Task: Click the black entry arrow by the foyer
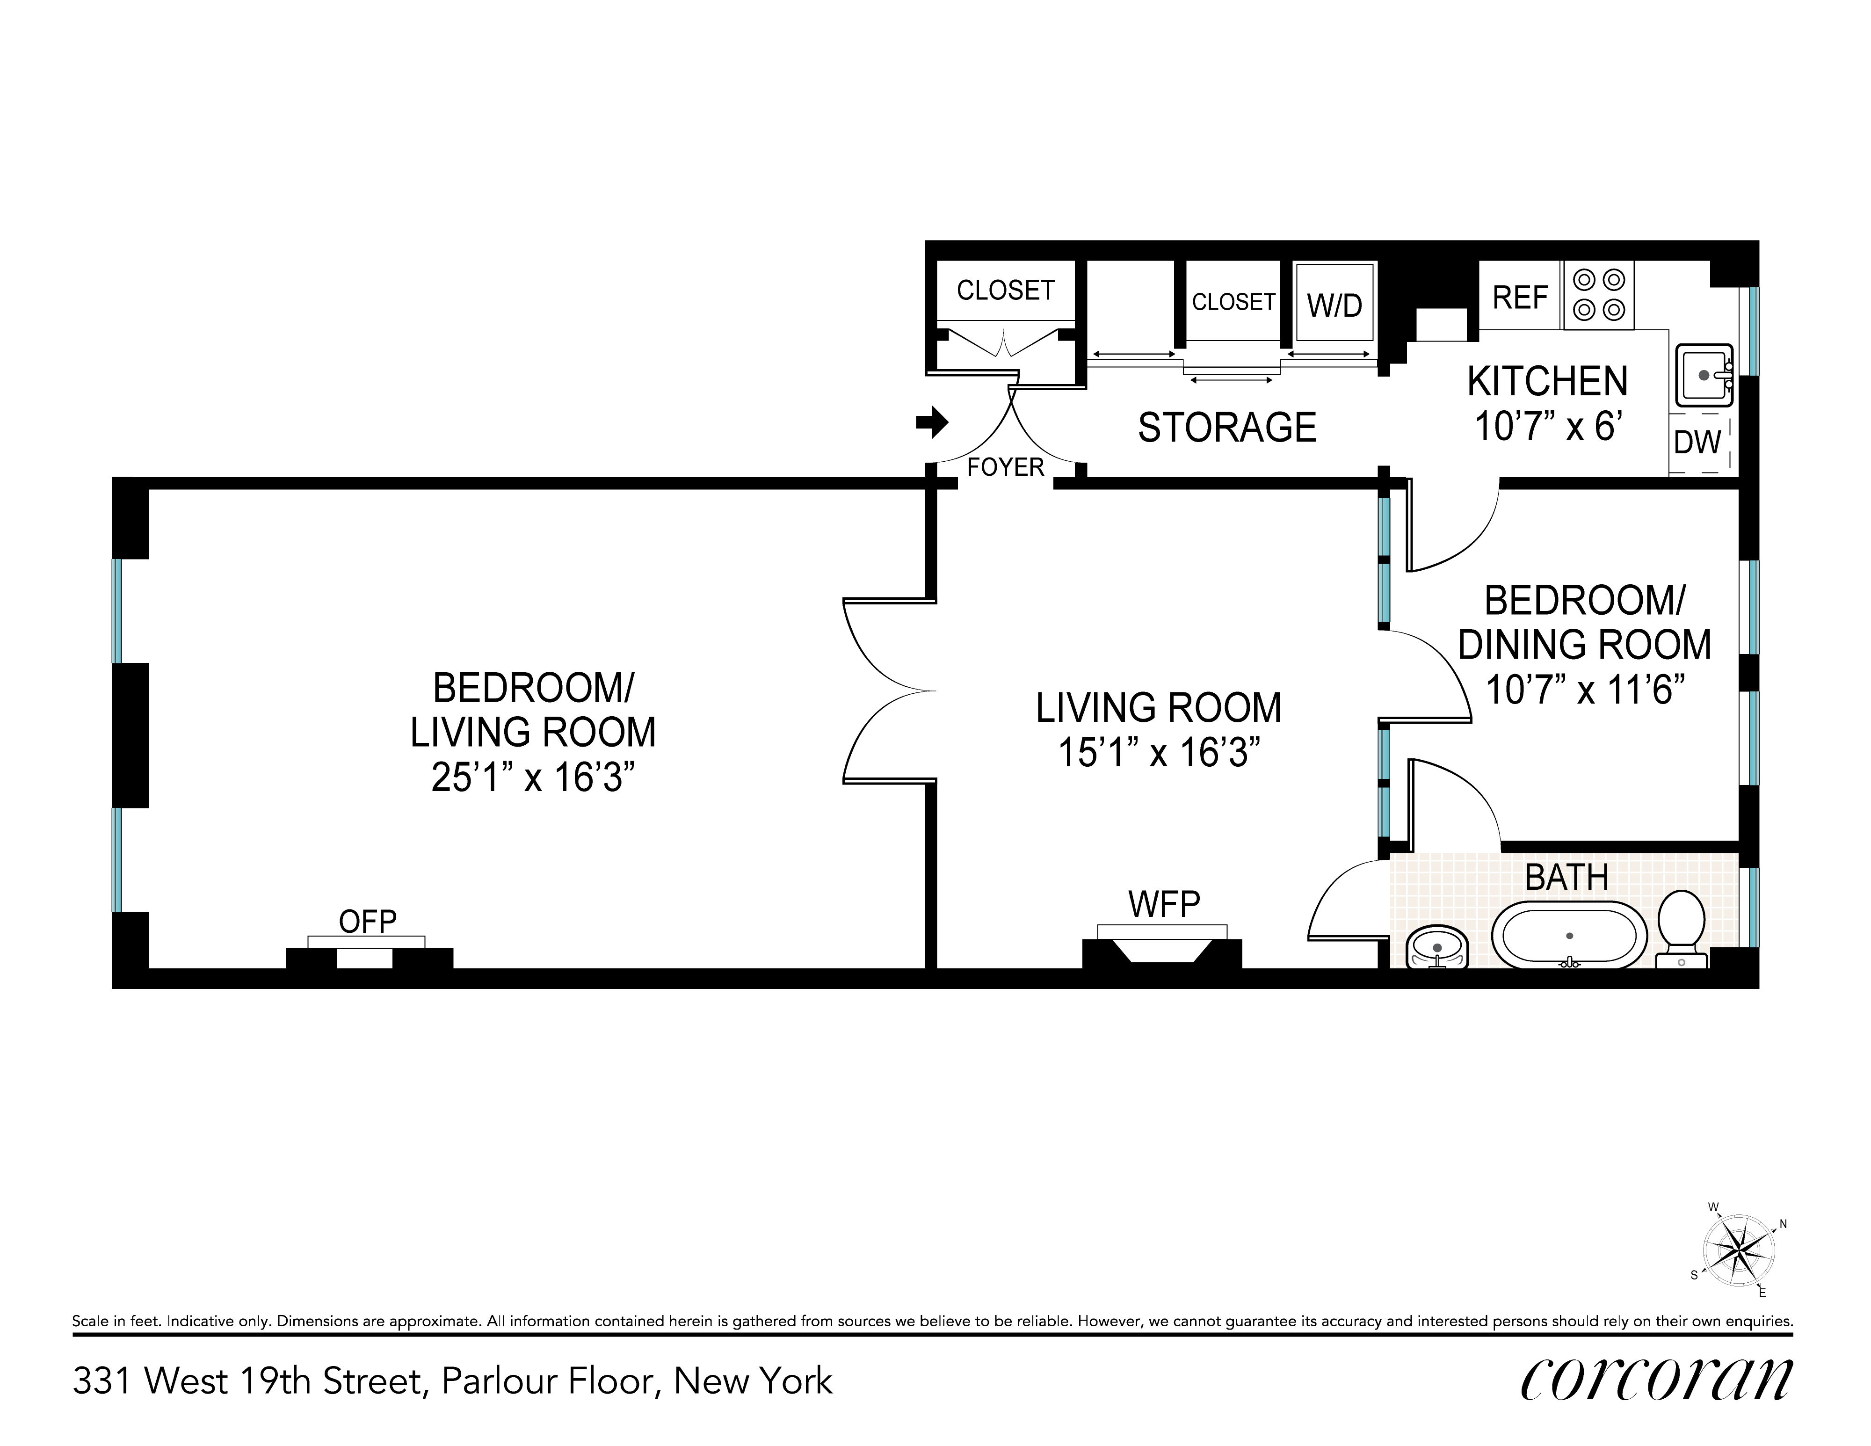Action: tap(932, 421)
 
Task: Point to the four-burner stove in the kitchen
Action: tap(1599, 295)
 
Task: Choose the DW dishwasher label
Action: tap(1697, 442)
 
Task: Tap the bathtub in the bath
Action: tap(1569, 936)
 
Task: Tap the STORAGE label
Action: tap(1227, 428)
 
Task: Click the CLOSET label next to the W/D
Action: tap(1233, 302)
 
